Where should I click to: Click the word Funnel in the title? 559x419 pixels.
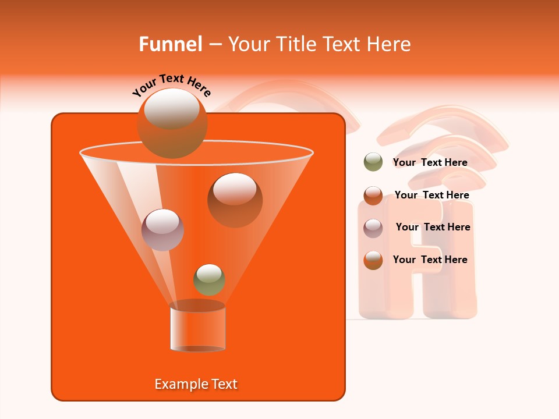[x=170, y=44]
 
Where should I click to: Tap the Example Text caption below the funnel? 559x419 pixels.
[x=196, y=384]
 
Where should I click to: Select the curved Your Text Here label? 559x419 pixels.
[x=172, y=85]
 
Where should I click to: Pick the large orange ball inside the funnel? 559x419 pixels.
[x=235, y=200]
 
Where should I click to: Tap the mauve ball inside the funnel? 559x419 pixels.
[x=162, y=230]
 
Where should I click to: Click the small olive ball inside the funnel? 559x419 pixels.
[x=209, y=279]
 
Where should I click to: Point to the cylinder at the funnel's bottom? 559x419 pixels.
[x=197, y=327]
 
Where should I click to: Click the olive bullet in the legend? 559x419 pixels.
[x=373, y=162]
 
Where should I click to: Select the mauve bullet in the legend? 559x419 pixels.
[x=373, y=228]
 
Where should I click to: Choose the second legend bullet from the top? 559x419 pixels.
[x=373, y=196]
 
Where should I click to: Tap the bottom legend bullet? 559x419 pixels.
[x=373, y=260]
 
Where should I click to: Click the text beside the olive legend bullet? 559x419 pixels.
[x=430, y=162]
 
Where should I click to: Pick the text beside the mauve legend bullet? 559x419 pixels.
[x=433, y=227]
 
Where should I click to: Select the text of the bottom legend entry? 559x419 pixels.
[x=430, y=260]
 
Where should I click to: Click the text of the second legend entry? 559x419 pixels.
[x=431, y=195]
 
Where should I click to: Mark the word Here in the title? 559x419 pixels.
[x=390, y=44]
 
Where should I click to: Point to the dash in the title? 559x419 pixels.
[x=214, y=45]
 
